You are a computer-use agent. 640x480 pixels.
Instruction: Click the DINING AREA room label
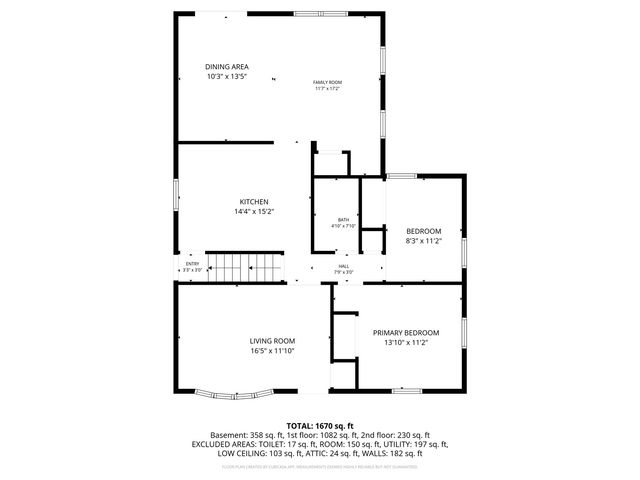pyautogui.click(x=226, y=67)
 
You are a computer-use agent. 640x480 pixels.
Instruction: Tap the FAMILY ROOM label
pyautogui.click(x=327, y=82)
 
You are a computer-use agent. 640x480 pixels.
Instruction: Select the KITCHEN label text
pyautogui.click(x=253, y=202)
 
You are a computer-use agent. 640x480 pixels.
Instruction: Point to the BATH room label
pyautogui.click(x=343, y=219)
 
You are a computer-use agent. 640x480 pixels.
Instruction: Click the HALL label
pyautogui.click(x=343, y=266)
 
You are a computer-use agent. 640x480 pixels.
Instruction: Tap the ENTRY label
pyautogui.click(x=192, y=264)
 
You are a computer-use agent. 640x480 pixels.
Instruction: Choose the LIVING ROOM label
pyautogui.click(x=272, y=341)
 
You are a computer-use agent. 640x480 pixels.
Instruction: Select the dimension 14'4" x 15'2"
pyautogui.click(x=254, y=212)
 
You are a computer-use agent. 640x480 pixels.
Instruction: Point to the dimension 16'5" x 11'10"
pyautogui.click(x=272, y=351)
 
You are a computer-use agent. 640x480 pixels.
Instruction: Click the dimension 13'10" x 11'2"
pyautogui.click(x=406, y=342)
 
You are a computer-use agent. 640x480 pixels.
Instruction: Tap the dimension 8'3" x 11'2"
pyautogui.click(x=423, y=241)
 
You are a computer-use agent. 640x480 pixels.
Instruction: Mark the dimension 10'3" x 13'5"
pyautogui.click(x=226, y=77)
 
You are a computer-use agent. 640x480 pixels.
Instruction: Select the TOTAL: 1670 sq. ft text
pyautogui.click(x=320, y=425)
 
